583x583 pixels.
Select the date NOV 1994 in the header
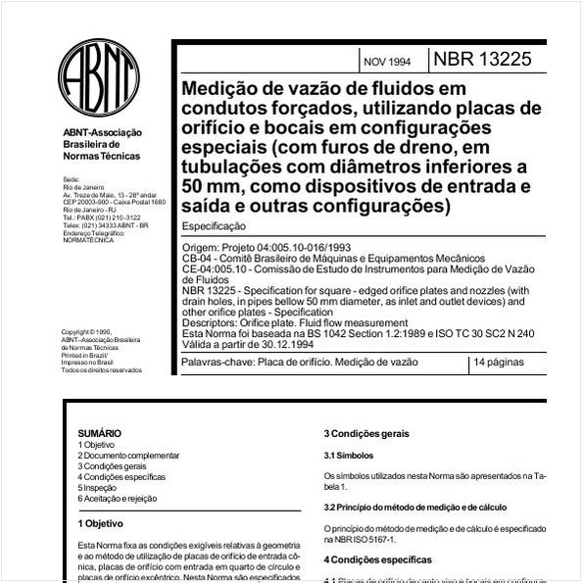[x=387, y=62]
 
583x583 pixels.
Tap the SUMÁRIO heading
[x=99, y=432]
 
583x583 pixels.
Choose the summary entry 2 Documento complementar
[x=128, y=456]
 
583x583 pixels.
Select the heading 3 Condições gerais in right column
[x=366, y=434]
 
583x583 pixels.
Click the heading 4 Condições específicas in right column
[x=377, y=560]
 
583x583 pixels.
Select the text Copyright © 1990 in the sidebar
[x=86, y=332]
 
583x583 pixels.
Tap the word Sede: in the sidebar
[x=71, y=179]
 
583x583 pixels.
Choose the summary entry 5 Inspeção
[x=98, y=488]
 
